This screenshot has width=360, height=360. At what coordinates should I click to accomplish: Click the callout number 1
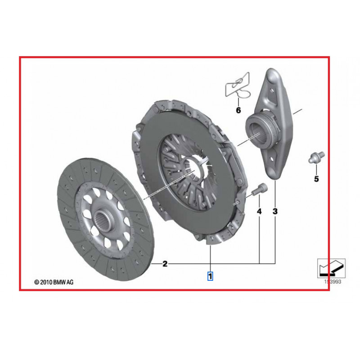tap(210, 275)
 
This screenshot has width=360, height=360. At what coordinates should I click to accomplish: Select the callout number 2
tap(165, 264)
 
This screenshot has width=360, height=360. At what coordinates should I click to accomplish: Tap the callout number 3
tap(275, 211)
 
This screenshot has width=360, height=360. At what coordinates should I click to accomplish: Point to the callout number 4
tap(259, 211)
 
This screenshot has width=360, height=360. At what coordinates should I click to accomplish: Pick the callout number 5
tap(316, 179)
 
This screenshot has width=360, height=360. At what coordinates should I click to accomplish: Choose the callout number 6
tap(238, 110)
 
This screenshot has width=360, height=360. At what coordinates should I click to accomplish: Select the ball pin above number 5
tap(315, 157)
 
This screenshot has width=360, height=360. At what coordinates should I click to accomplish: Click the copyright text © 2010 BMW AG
tap(54, 282)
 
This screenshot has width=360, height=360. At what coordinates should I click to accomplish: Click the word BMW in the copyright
tap(60, 282)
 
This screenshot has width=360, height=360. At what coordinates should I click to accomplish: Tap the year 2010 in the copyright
tap(46, 282)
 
